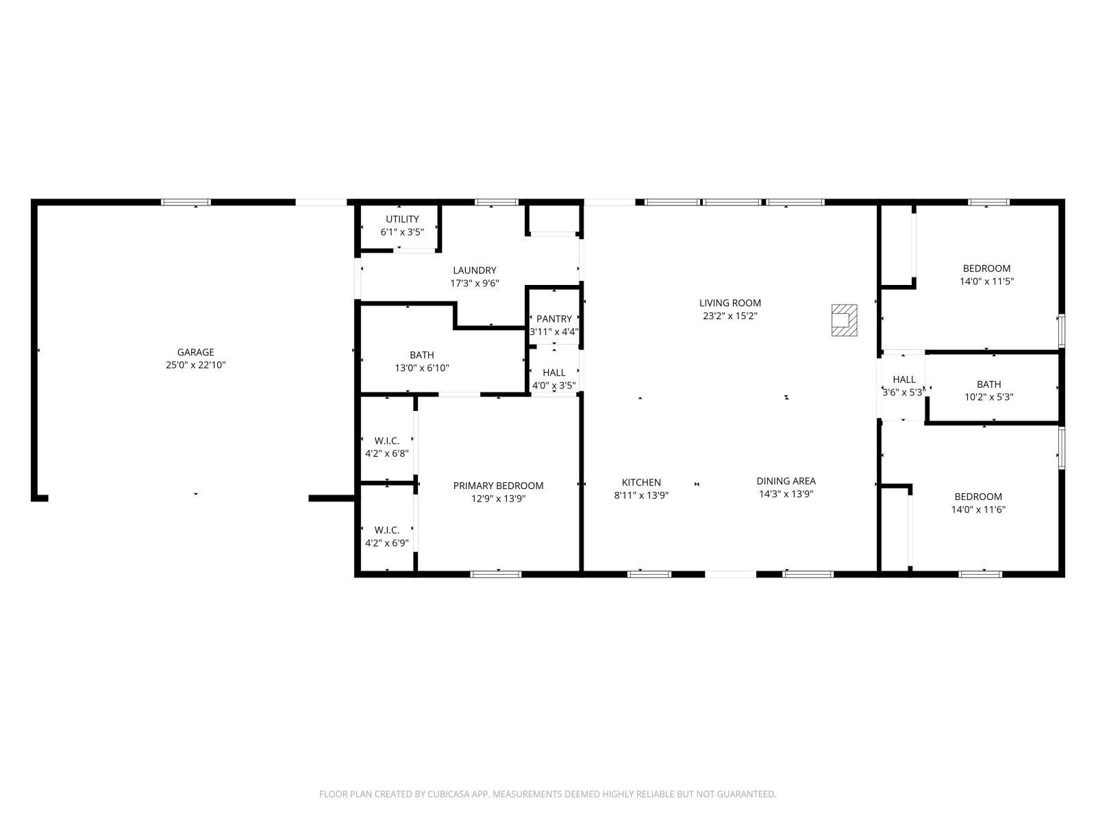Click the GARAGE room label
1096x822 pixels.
coord(195,352)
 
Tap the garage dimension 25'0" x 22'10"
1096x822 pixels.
coord(195,365)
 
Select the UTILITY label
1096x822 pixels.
coord(402,219)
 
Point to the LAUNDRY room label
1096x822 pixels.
coord(474,271)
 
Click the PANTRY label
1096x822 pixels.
coord(553,319)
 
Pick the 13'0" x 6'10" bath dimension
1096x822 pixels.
coord(422,369)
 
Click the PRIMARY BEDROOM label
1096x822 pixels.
coord(498,486)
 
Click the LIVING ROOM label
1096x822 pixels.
coord(730,303)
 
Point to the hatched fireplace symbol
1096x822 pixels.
coord(844,321)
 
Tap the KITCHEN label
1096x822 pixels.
coord(641,483)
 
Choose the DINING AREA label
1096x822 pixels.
coord(786,481)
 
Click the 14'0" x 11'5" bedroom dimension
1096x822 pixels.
coord(986,282)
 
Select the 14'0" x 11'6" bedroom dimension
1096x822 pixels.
coord(978,510)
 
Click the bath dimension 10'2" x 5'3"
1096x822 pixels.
coord(988,397)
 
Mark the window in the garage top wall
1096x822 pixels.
coord(186,202)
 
